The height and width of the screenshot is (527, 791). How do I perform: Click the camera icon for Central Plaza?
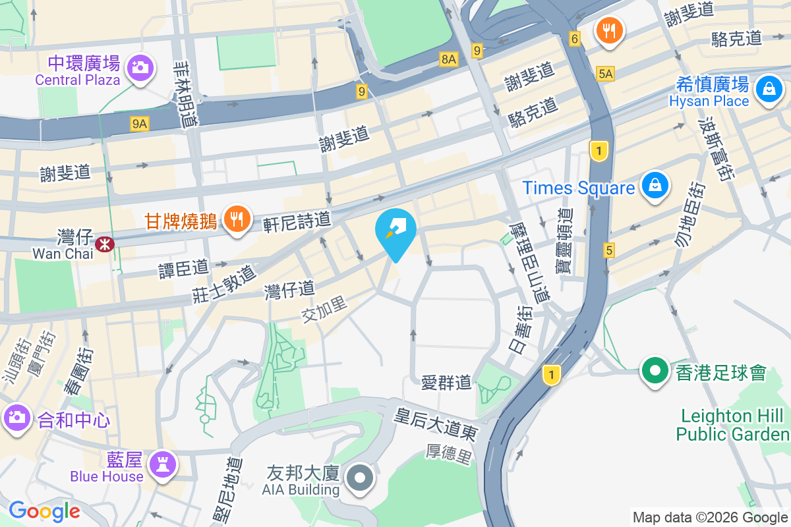[x=140, y=67]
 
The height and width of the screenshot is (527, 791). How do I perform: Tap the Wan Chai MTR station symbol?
[x=104, y=244]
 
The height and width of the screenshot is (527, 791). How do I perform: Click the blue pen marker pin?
[x=395, y=230]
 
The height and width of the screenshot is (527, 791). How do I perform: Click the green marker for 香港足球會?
[x=655, y=370]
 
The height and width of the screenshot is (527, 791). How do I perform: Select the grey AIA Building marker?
[x=360, y=477]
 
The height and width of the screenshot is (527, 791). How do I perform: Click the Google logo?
[x=44, y=511]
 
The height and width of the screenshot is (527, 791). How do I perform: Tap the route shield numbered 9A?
[x=139, y=123]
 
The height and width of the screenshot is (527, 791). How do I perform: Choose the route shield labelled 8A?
[x=449, y=60]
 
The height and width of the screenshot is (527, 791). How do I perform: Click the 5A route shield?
[x=605, y=74]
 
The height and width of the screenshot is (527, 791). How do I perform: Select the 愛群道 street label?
[x=446, y=381]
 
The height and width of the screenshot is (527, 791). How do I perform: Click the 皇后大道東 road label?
[x=435, y=424]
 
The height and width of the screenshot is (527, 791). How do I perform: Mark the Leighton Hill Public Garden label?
[x=732, y=425]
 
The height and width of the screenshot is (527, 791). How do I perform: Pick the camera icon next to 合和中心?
[x=16, y=417]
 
